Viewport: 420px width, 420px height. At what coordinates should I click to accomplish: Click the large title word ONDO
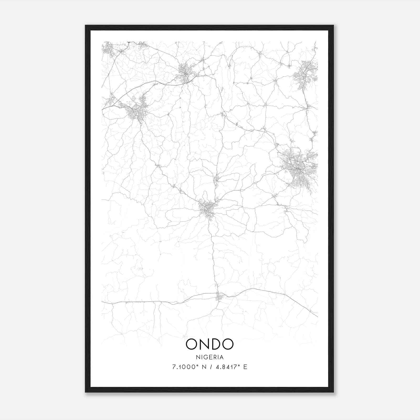pos(209,344)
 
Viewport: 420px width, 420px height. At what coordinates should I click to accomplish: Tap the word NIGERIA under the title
pos(209,357)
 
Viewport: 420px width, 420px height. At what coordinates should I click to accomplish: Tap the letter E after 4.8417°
pos(245,367)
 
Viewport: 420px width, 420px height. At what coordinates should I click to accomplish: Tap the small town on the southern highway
pos(219,297)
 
